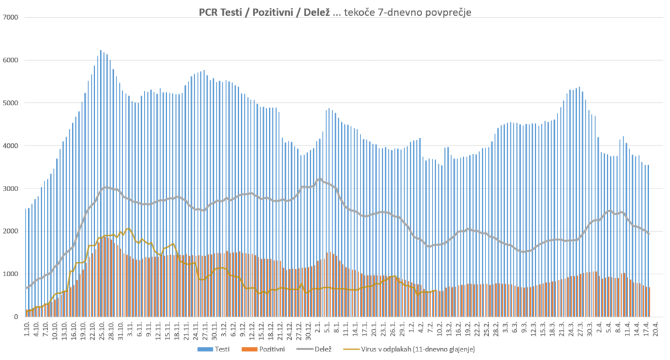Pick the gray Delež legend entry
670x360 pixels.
[317, 350]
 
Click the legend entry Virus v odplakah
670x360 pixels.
[416, 350]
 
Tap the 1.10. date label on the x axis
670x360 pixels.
[27, 329]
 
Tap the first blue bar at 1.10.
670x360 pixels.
[26, 262]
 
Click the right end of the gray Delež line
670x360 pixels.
[648, 233]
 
